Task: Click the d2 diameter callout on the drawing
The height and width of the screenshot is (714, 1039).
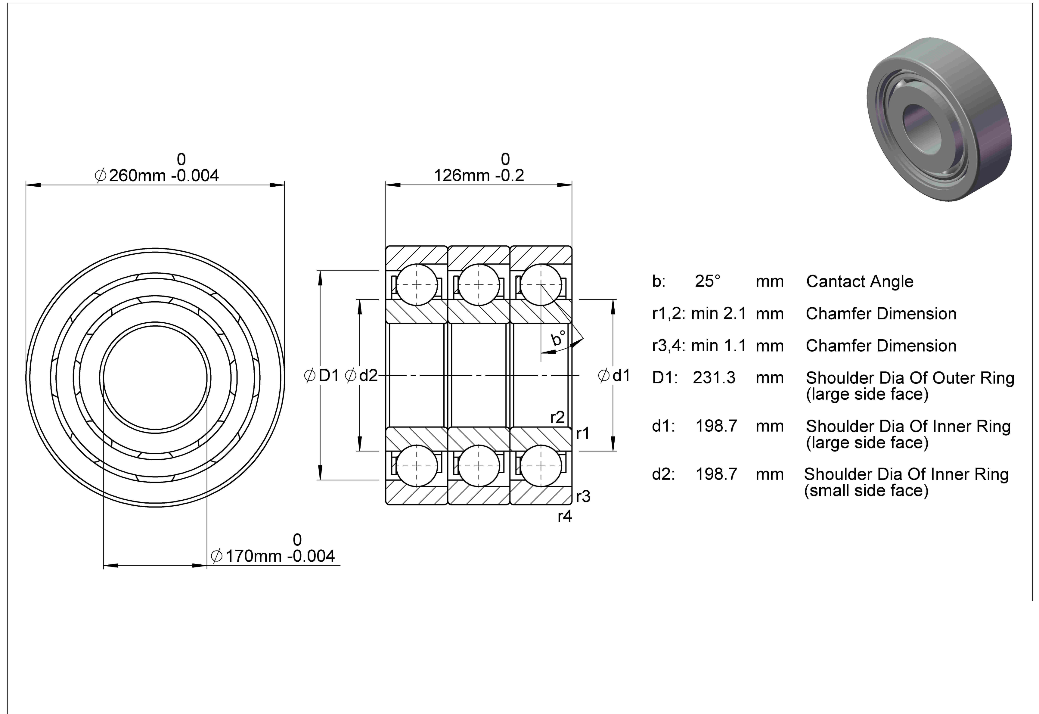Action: pos(361,376)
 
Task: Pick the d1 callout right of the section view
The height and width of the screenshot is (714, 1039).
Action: pos(614,376)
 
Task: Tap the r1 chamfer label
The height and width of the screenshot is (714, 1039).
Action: pos(583,433)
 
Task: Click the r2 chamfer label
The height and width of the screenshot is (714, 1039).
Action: pos(557,418)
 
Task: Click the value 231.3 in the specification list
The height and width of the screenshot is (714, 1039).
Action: pos(714,377)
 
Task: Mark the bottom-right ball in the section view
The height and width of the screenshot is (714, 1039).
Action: pos(541,466)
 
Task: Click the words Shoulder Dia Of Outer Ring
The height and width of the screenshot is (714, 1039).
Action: pos(910,378)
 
